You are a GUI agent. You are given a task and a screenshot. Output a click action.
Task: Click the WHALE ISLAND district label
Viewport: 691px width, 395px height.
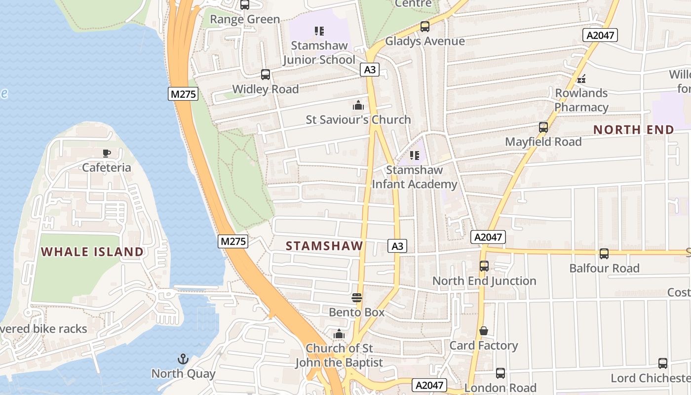92,252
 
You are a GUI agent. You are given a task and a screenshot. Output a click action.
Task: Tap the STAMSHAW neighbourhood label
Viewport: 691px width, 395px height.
324,246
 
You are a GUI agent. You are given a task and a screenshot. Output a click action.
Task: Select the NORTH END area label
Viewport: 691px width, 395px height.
633,130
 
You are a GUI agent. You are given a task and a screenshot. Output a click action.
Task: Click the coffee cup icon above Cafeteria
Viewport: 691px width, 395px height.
106,153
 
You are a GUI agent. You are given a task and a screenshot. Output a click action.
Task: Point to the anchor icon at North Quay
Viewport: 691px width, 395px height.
183,359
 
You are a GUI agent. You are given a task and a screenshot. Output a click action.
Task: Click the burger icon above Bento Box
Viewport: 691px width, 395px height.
356,298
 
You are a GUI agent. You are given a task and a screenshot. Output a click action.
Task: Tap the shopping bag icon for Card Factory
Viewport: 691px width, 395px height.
484,331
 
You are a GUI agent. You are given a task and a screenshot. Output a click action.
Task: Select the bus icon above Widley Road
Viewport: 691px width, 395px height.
265,75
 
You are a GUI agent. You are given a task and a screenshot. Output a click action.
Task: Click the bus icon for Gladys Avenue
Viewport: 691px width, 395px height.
424,27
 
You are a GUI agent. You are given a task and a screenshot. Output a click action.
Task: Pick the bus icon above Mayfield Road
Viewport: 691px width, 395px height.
543,127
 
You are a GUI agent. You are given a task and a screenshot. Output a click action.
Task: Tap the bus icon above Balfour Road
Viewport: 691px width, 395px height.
604,254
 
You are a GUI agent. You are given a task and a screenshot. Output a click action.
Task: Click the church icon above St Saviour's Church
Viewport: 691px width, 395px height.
358,105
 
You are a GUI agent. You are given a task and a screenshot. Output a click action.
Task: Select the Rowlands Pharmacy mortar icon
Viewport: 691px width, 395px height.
581,79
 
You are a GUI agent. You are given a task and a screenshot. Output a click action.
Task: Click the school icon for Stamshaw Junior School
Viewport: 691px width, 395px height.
319,31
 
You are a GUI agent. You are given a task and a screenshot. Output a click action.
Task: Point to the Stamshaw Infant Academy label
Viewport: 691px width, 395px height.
414,177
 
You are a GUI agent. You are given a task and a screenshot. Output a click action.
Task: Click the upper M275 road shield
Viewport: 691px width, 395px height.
183,94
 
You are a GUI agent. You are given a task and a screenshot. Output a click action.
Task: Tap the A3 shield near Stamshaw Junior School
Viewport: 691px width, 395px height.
370,70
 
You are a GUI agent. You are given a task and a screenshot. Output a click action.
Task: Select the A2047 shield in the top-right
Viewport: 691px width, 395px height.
600,35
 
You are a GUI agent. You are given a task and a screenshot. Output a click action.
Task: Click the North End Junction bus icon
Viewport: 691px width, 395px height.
484,266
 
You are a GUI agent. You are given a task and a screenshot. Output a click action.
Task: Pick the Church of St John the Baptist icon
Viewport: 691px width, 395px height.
339,334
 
